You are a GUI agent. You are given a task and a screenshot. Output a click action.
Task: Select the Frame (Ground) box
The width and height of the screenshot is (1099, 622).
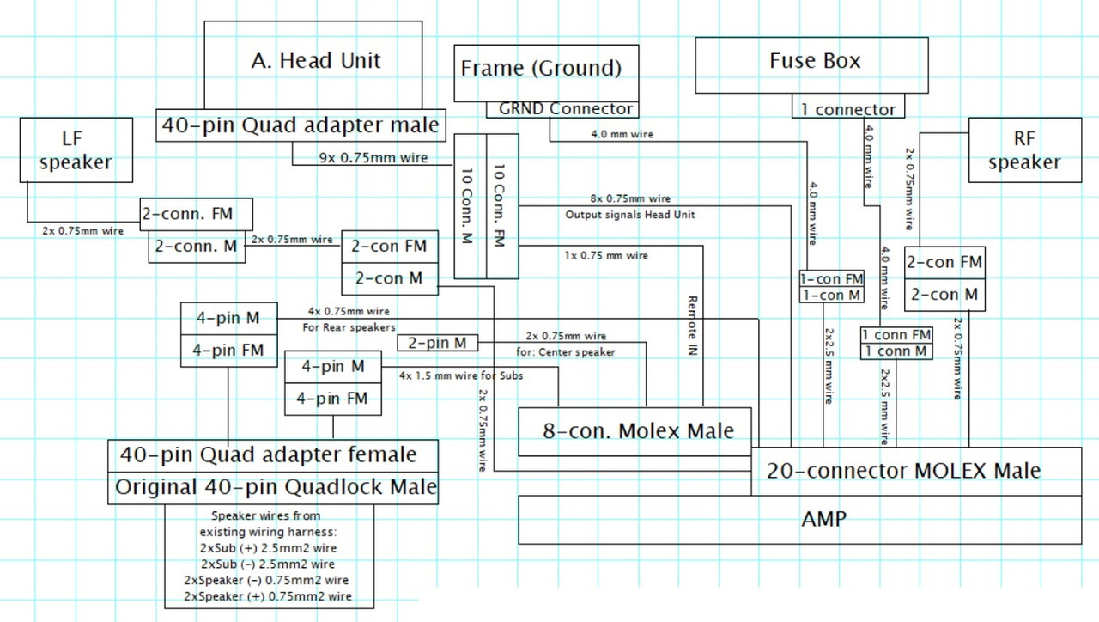click(x=540, y=69)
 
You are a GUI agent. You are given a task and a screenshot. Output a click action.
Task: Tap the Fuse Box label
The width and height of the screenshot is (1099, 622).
click(x=814, y=62)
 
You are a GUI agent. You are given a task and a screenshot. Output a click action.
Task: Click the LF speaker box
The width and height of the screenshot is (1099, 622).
click(x=76, y=150)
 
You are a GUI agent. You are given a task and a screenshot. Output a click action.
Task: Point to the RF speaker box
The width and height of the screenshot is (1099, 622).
click(x=1023, y=150)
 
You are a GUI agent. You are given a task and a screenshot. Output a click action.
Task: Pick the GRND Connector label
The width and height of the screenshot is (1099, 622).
click(x=565, y=109)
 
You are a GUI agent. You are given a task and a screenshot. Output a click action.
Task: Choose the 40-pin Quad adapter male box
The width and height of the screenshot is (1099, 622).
click(x=301, y=125)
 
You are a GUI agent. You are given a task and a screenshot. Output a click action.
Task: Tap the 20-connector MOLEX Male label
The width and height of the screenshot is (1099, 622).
click(x=903, y=471)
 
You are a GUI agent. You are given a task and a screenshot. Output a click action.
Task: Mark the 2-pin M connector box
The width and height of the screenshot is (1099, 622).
click(x=437, y=344)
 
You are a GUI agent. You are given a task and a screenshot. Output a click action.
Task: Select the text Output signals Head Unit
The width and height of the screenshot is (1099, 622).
click(x=630, y=215)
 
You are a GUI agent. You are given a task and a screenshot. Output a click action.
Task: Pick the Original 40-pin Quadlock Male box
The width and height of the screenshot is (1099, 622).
click(x=275, y=488)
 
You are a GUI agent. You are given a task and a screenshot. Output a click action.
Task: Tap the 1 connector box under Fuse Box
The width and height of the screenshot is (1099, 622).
click(x=847, y=109)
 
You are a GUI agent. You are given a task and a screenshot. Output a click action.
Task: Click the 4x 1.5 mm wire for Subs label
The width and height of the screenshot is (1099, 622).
click(x=460, y=375)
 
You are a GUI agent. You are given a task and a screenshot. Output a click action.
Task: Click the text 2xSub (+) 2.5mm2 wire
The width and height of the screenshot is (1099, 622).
click(x=268, y=548)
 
